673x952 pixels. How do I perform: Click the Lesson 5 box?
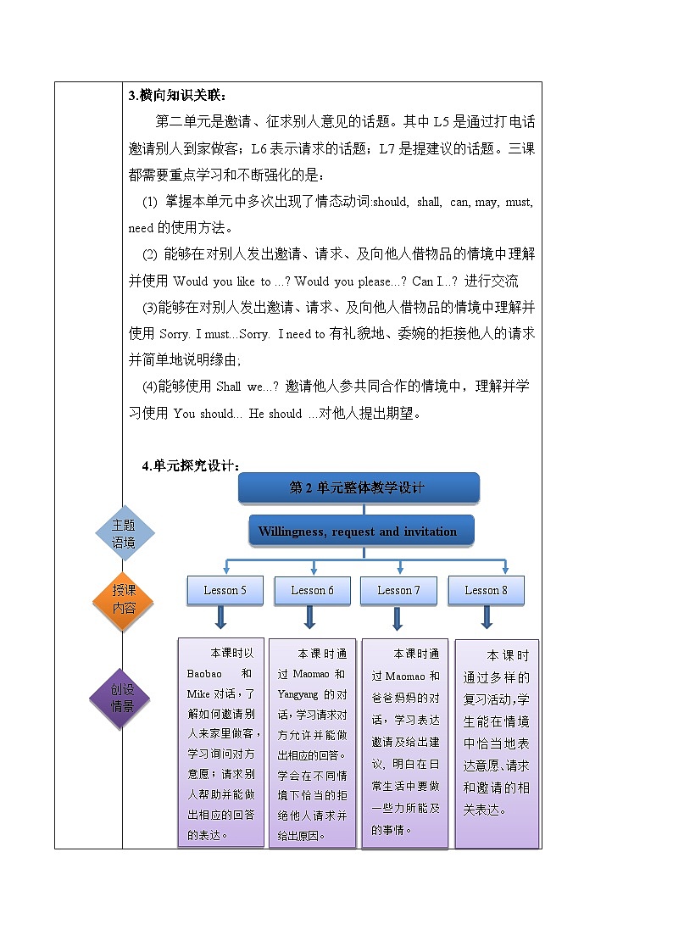click(225, 590)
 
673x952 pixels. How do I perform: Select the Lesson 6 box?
click(312, 590)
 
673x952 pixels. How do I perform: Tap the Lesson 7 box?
click(398, 590)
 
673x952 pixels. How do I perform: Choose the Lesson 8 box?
click(486, 590)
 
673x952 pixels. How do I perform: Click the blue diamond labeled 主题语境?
click(124, 534)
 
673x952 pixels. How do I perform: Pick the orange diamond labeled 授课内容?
click(124, 603)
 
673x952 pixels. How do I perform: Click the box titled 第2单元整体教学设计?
click(359, 487)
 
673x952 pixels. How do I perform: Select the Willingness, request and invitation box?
click(358, 532)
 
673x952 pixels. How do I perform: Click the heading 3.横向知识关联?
click(178, 95)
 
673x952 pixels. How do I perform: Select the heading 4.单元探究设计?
click(192, 465)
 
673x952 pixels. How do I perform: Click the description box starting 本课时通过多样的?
click(497, 743)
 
